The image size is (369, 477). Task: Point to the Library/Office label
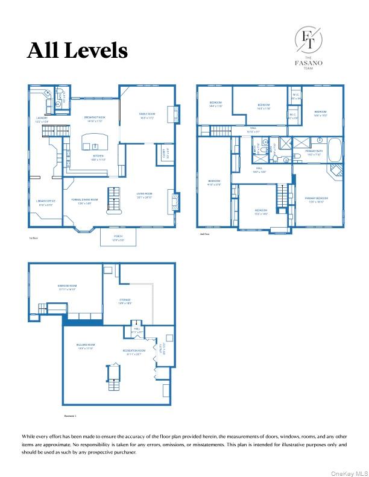(x=46, y=203)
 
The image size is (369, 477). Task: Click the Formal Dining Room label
(x=85, y=201)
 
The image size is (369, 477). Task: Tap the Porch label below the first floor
(x=118, y=238)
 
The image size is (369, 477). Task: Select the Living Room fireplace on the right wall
(x=173, y=199)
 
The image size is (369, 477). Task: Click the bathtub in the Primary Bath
(x=335, y=149)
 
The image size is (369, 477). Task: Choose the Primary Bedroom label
(x=316, y=199)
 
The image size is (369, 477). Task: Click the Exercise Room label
(x=67, y=287)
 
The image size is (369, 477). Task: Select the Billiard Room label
(x=86, y=346)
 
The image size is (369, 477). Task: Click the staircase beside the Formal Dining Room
(x=113, y=201)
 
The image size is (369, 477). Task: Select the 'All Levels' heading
(x=77, y=51)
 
